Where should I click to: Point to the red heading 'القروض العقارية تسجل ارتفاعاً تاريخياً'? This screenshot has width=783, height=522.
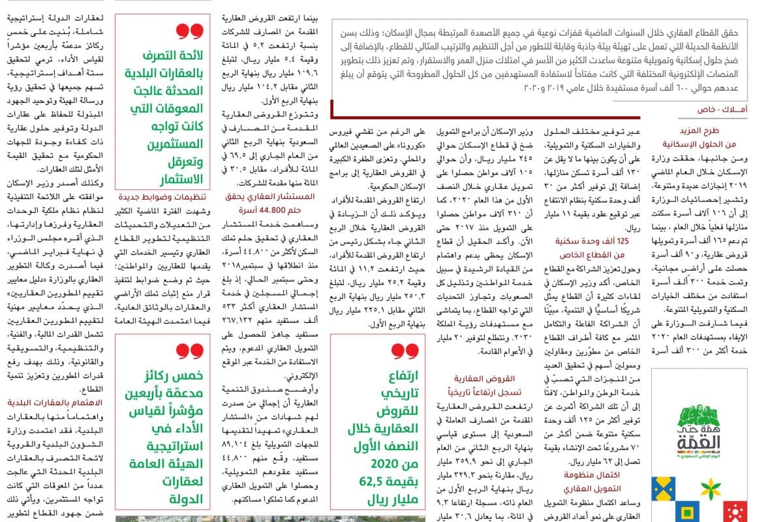(487, 384)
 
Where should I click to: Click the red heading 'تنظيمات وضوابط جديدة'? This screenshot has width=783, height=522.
(159, 195)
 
